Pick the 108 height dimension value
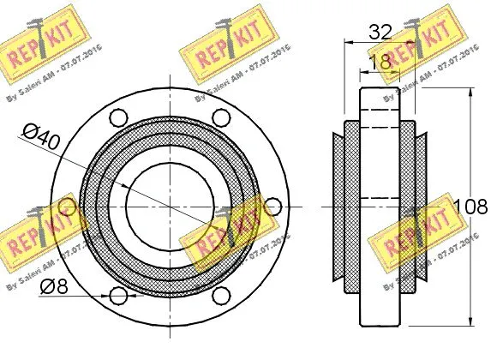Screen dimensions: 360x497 472,207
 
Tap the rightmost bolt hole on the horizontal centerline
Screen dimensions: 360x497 273,207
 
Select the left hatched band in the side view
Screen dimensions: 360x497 351,207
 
